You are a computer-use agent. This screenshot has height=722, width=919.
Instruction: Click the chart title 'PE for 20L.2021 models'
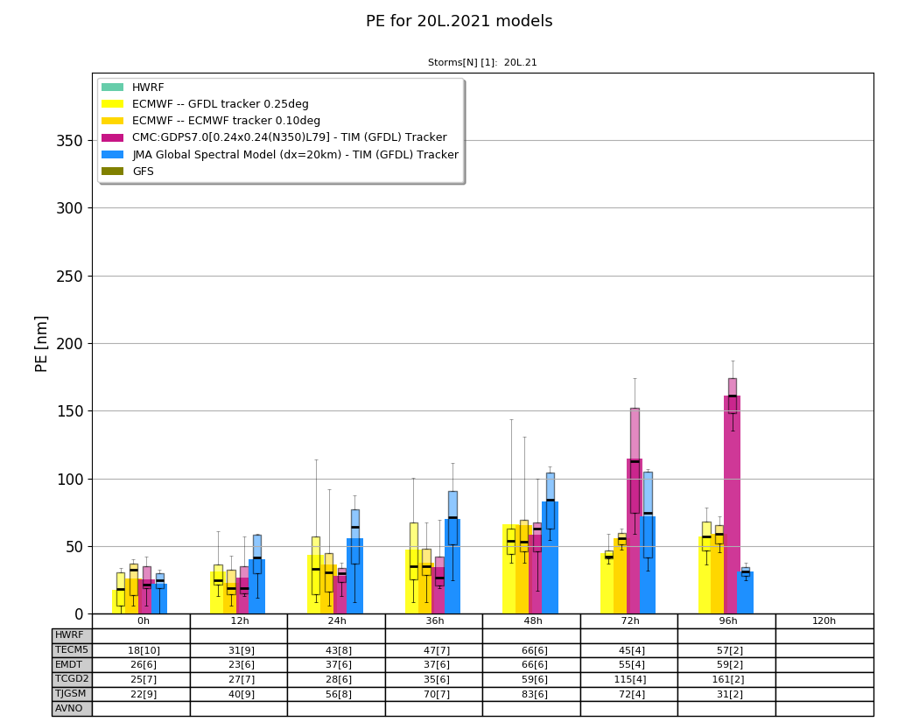click(459, 21)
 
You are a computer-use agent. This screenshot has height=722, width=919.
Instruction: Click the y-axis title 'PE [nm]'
click(41, 344)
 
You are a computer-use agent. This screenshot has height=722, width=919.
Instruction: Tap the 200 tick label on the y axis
click(70, 343)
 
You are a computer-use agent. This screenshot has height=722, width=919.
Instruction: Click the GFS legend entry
click(127, 172)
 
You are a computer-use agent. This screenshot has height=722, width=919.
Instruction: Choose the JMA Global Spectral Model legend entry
click(279, 155)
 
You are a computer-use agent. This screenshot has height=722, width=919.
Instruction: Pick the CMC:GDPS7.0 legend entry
click(274, 137)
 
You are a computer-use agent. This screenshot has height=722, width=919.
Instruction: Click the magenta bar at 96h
click(732, 505)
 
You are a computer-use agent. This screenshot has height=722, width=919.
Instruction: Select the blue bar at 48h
click(550, 557)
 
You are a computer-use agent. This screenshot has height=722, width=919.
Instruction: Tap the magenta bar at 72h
click(635, 536)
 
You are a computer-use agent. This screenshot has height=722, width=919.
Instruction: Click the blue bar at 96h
click(745, 592)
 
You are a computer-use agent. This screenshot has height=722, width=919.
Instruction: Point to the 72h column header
click(629, 621)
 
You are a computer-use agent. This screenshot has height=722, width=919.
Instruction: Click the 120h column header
click(824, 621)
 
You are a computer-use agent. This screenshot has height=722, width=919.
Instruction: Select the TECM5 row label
click(72, 650)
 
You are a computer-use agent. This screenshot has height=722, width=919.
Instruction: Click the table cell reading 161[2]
click(727, 679)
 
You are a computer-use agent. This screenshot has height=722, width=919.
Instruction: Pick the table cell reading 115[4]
click(629, 679)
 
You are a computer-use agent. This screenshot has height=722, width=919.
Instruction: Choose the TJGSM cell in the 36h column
click(434, 694)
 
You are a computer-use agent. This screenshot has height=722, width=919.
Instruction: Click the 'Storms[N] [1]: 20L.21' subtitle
click(482, 62)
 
